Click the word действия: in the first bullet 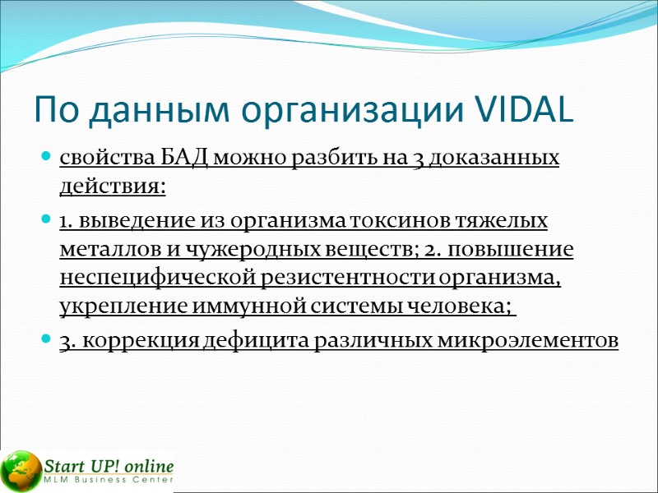(x=113, y=187)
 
